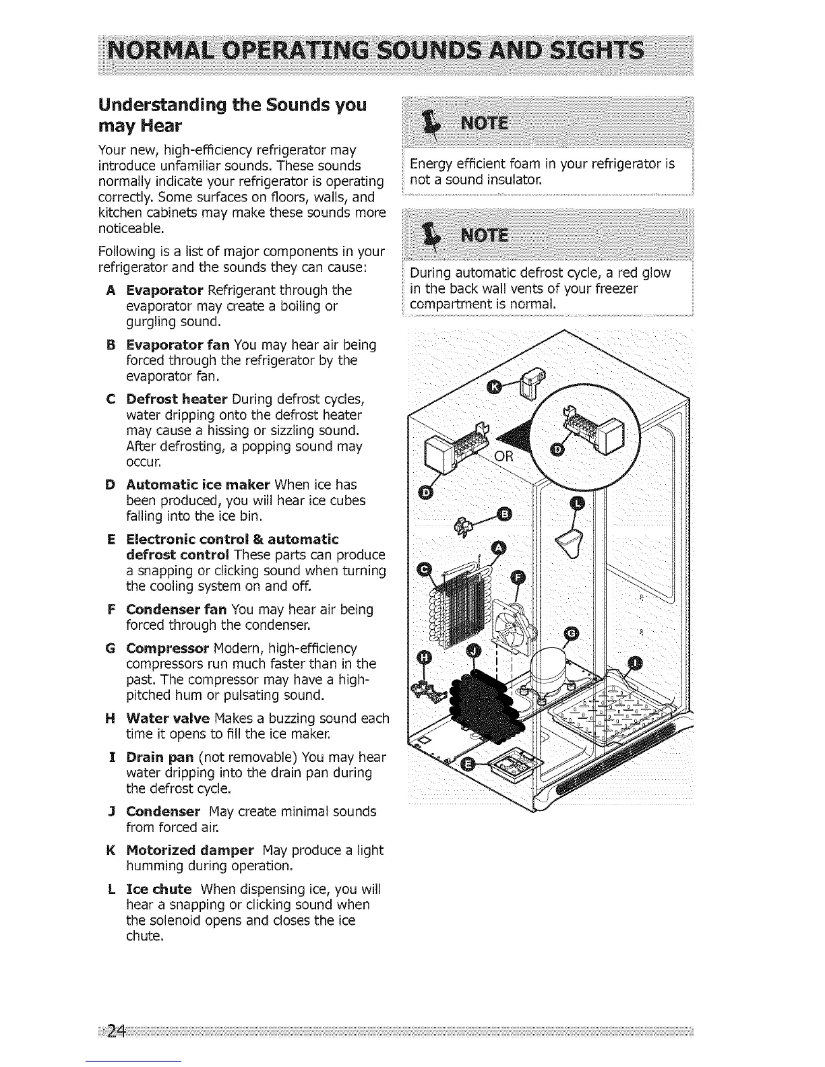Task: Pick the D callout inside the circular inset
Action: (x=558, y=449)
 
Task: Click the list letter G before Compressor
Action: (x=110, y=648)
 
